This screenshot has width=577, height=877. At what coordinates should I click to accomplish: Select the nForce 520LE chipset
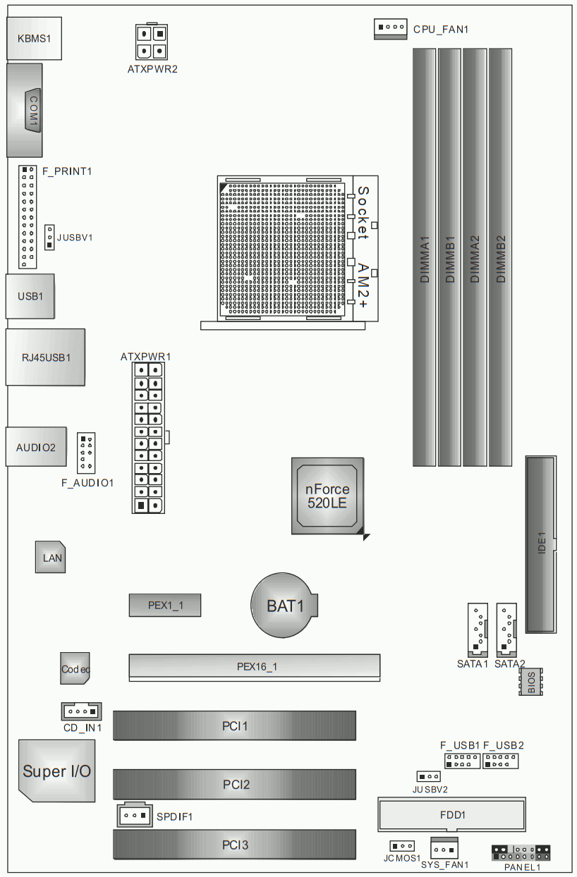point(327,496)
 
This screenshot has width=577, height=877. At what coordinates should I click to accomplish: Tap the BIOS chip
point(530,682)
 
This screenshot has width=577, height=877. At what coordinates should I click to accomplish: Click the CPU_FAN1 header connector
point(390,29)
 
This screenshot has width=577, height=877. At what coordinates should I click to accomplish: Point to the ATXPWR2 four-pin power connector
point(152,42)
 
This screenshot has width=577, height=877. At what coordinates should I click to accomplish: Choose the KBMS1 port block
point(34,38)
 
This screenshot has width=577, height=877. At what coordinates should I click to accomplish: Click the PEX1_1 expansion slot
point(165,606)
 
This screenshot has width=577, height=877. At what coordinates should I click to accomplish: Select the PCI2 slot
point(235,784)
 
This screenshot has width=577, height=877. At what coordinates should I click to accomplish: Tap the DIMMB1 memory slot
point(449,257)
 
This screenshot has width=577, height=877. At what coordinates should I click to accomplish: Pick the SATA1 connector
point(478,630)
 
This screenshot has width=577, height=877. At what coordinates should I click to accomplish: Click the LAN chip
point(51,557)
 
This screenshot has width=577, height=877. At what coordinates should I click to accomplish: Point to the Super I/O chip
point(57,771)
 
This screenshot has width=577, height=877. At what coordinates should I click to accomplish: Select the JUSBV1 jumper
point(49,238)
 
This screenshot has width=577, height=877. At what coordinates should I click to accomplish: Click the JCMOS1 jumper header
point(402,846)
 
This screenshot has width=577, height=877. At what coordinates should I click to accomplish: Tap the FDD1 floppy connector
point(451,814)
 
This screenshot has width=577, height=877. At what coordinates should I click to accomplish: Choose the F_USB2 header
point(500,761)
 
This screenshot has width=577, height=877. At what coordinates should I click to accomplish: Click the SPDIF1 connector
point(135,815)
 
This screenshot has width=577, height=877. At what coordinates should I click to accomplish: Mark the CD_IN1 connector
point(82,711)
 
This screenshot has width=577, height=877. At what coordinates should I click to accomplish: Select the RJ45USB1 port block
point(45,357)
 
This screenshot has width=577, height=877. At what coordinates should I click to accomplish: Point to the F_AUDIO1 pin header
point(86,453)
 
